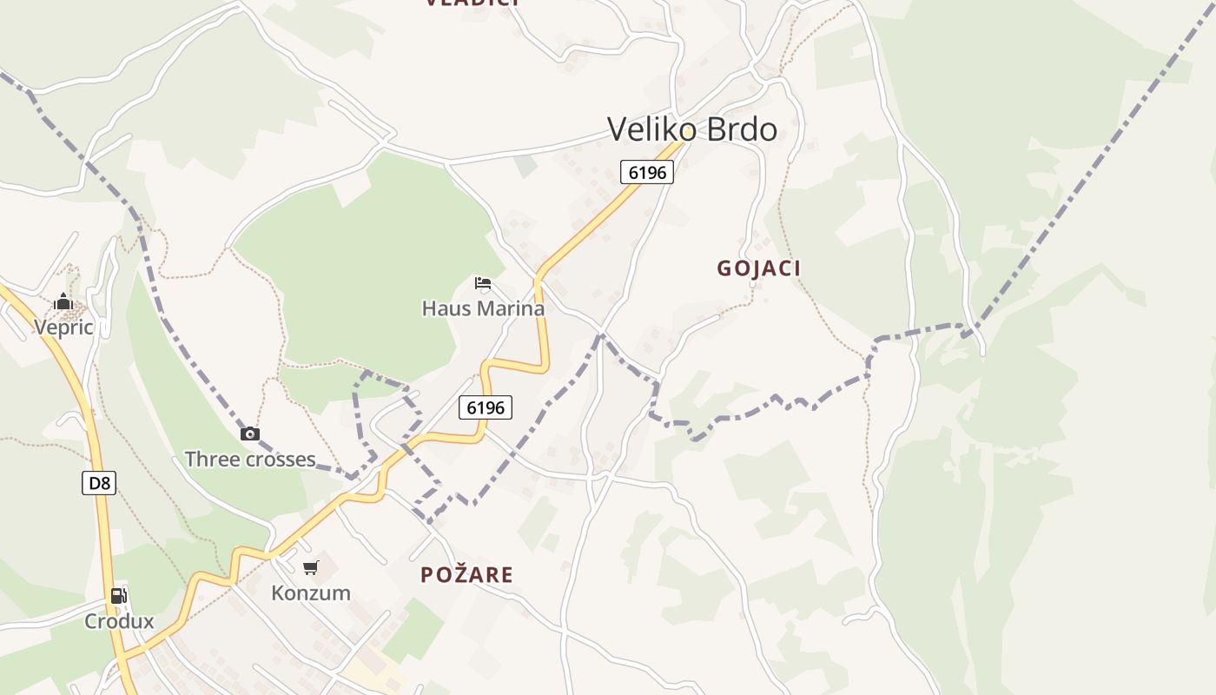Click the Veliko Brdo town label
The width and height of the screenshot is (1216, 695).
[692, 129]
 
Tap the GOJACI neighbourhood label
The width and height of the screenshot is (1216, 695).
[758, 268]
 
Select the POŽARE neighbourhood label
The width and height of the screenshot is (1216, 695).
[466, 574]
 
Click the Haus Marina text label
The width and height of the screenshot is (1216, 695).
[483, 308]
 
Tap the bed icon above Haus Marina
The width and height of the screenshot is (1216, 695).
[483, 283]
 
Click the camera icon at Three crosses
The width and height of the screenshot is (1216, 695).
[250, 434]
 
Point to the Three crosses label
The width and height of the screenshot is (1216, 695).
[250, 459]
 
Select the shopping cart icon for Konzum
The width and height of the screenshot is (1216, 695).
[310, 568]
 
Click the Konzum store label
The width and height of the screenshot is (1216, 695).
[311, 593]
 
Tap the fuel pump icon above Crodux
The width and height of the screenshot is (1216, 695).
[119, 596]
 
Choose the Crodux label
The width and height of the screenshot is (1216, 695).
[119, 621]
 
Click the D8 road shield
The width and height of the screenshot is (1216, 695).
[99, 483]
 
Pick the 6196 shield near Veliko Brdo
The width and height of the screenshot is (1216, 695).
[647, 172]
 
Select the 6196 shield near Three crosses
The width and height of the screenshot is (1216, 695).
[486, 407]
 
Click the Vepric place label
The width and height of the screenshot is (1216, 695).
[63, 327]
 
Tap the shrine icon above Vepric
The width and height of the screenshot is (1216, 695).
[63, 302]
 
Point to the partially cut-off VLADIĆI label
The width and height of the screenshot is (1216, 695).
[473, 3]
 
